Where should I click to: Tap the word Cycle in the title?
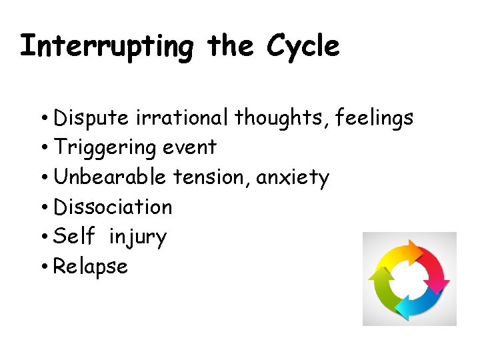303,47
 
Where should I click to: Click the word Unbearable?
110,177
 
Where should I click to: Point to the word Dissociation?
113,207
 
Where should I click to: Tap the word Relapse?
90,267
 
